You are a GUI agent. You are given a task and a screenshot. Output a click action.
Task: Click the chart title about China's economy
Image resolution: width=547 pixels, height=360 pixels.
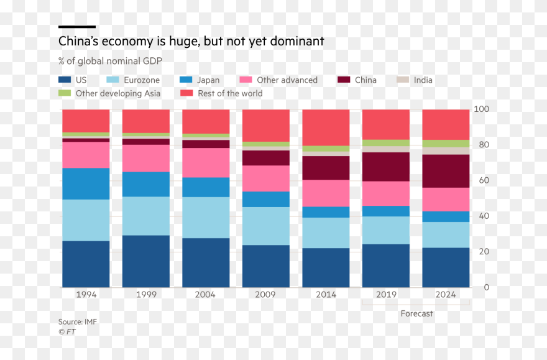tap(191, 42)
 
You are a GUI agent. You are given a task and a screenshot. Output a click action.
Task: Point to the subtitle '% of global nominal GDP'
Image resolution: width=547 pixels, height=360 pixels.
tap(111, 61)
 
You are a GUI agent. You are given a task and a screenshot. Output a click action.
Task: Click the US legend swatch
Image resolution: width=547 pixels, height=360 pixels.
tap(65, 80)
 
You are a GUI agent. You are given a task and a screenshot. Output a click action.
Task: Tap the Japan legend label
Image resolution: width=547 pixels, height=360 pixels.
tap(208, 80)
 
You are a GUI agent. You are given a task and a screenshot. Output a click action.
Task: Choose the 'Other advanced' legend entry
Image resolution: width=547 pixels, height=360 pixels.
tap(287, 80)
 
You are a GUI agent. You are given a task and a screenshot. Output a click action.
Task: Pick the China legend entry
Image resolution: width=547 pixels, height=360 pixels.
tap(365, 80)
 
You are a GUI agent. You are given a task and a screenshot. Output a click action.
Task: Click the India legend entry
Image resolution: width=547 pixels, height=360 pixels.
tap(423, 80)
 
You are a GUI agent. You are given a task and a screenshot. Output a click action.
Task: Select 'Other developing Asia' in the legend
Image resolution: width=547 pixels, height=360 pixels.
tap(117, 93)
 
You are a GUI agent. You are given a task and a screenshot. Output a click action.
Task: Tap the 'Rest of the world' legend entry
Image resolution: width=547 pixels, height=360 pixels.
tap(230, 93)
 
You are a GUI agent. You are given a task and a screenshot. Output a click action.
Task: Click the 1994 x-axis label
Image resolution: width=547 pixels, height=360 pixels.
tap(86, 295)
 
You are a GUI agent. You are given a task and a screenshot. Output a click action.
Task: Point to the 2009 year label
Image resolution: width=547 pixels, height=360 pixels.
tap(265, 295)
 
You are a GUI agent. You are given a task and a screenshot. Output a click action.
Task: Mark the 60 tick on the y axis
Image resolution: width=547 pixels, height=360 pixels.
tap(482, 181)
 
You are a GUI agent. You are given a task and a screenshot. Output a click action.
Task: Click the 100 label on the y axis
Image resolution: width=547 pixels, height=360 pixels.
tap(482, 109)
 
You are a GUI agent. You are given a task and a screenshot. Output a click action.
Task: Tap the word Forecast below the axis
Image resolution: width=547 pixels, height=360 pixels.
tap(416, 313)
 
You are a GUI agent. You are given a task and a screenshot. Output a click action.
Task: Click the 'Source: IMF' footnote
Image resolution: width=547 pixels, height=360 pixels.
tap(78, 321)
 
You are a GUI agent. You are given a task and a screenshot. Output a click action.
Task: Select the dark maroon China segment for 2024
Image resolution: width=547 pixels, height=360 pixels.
tap(446, 171)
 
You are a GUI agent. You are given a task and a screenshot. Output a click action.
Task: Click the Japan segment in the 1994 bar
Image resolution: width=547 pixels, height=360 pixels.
tap(86, 183)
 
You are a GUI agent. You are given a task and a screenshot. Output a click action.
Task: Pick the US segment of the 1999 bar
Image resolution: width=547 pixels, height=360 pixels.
tap(145, 261)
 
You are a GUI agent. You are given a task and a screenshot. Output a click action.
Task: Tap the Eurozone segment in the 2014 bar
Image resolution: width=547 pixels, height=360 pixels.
tap(326, 233)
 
